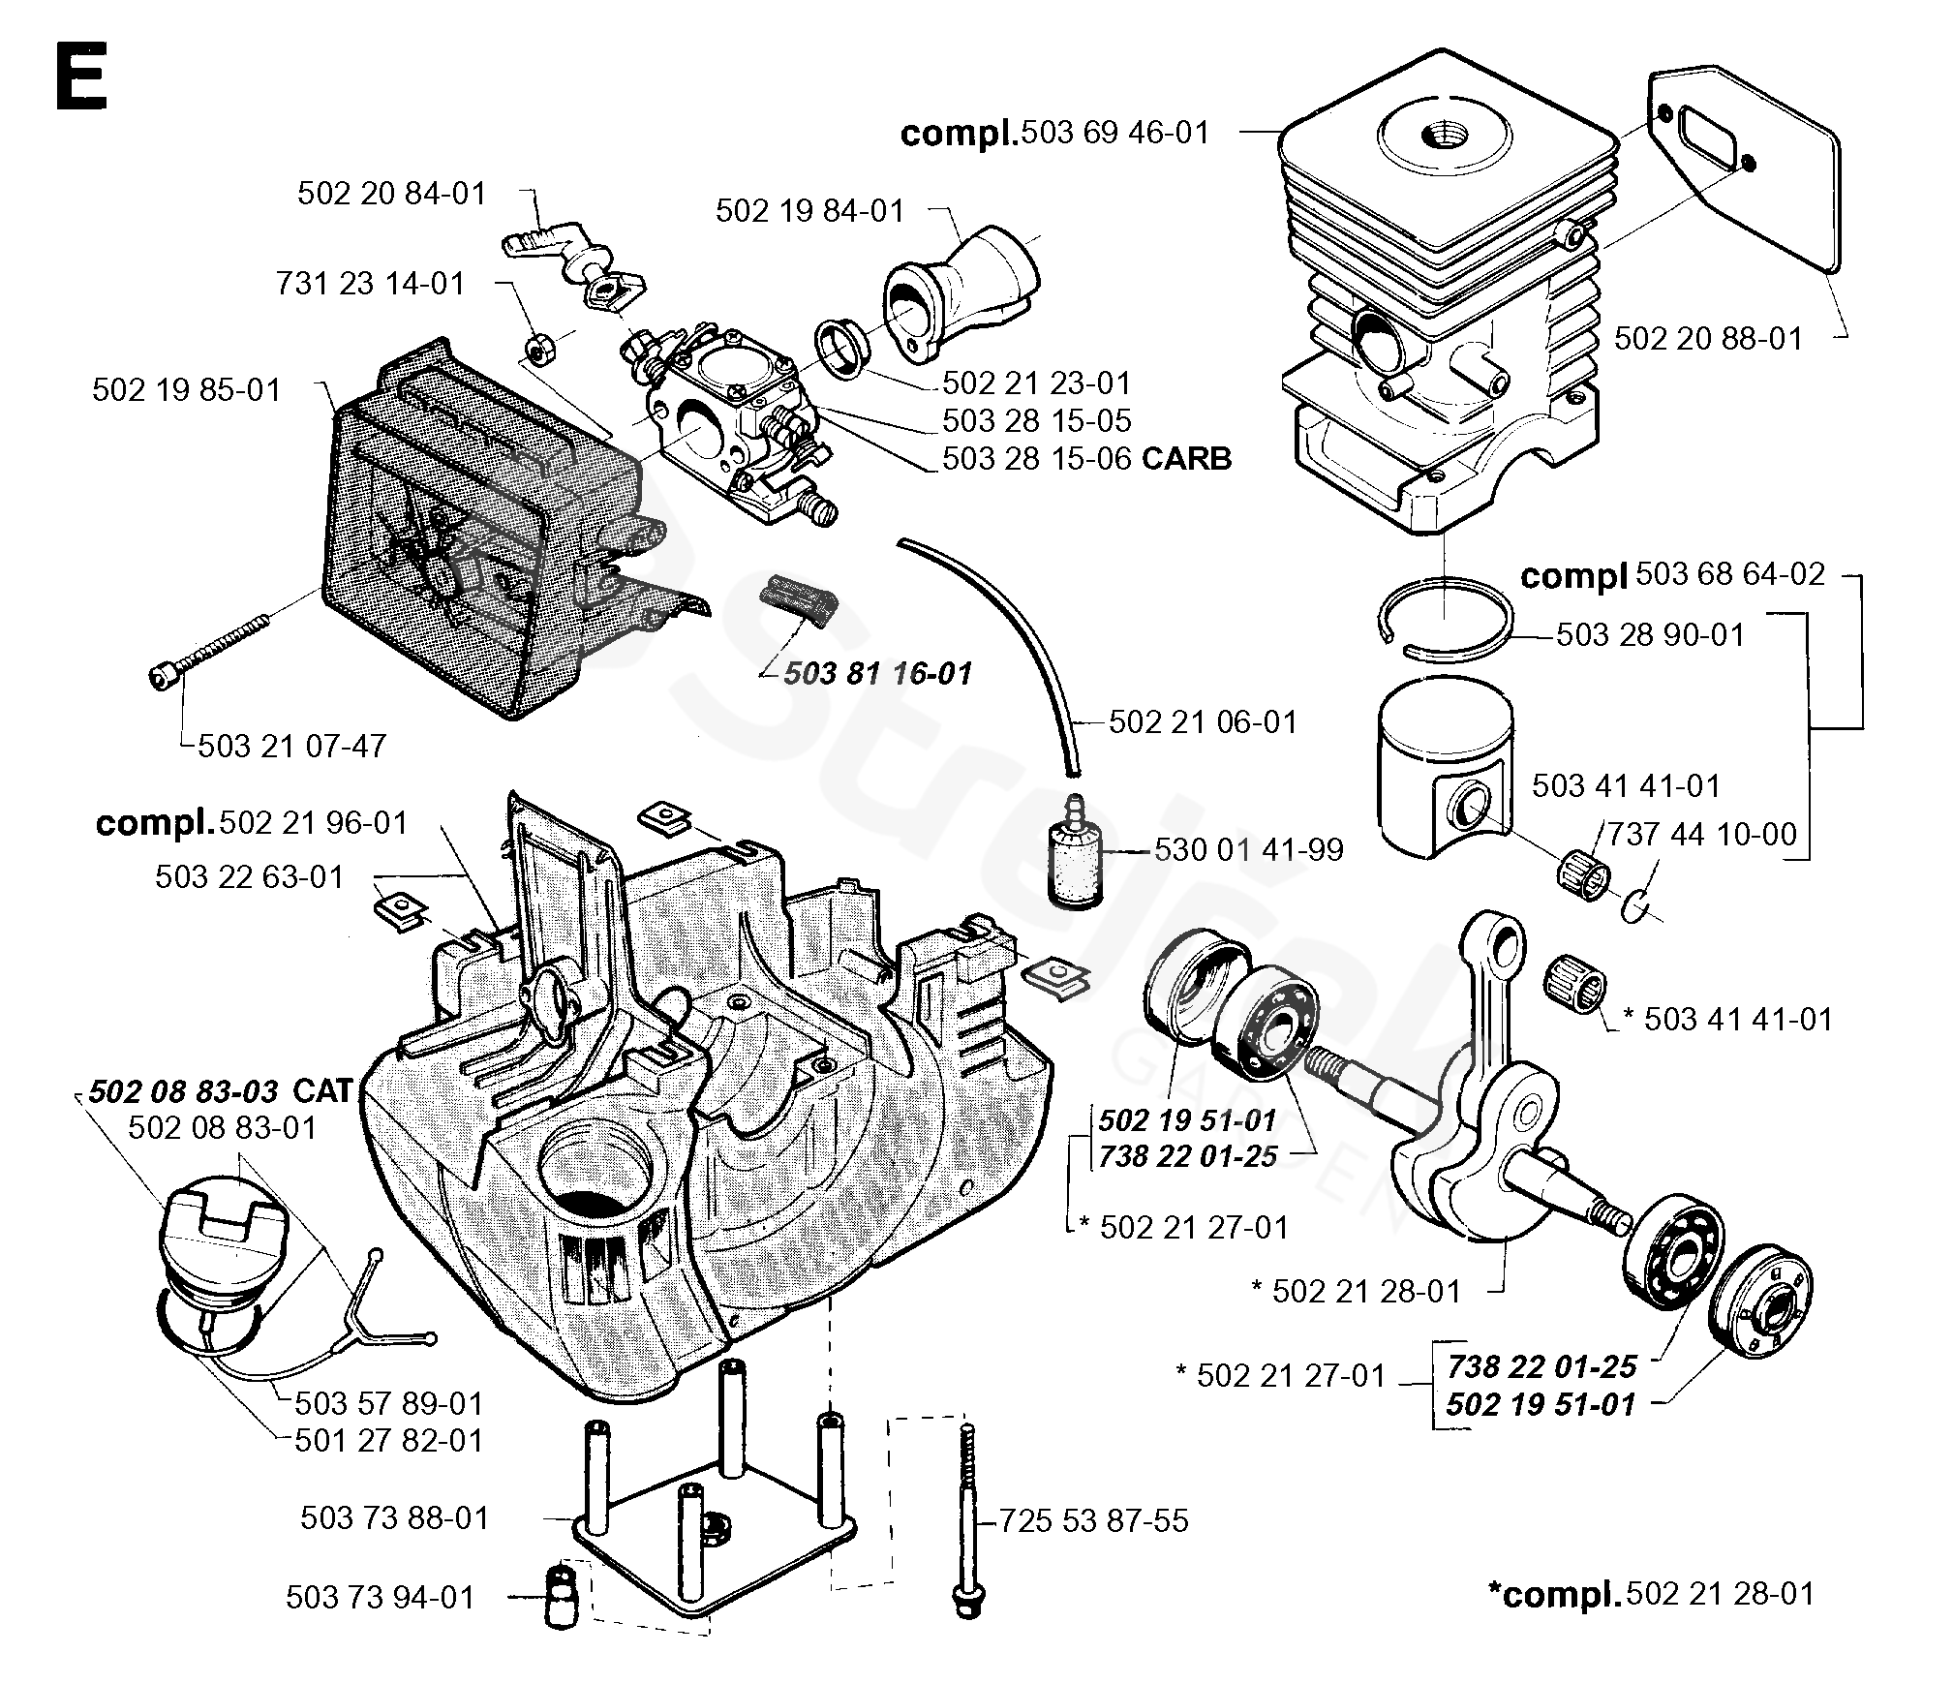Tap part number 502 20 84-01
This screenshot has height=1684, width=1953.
(x=391, y=194)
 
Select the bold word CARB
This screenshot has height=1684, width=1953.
(x=1186, y=458)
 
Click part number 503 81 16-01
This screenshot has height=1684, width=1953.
(x=877, y=674)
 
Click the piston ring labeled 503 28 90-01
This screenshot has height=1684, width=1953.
(x=1443, y=620)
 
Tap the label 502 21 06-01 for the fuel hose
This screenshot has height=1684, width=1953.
(x=1203, y=722)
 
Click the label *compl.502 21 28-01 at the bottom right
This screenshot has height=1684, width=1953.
(x=1651, y=1595)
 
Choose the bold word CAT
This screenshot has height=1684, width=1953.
(x=322, y=1091)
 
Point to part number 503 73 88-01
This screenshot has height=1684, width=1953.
(x=395, y=1517)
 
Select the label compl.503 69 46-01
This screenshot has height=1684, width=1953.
(x=1055, y=132)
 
